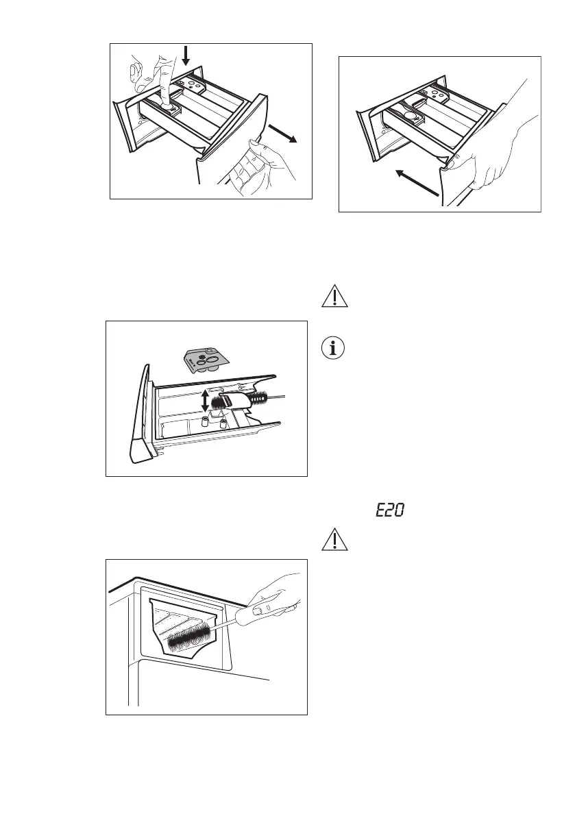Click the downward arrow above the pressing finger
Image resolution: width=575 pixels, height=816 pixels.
pyautogui.click(x=186, y=63)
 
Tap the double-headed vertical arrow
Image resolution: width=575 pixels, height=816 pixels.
pyautogui.click(x=204, y=400)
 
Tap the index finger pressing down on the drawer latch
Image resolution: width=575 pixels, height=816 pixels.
pyautogui.click(x=164, y=82)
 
